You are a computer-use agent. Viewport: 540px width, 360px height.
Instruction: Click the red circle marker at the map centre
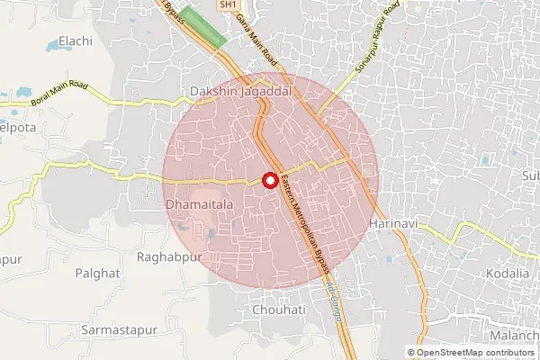tap(269, 181)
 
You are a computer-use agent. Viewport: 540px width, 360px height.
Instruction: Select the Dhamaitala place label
tap(200, 205)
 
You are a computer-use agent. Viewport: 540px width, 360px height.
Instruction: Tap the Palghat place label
tap(97, 272)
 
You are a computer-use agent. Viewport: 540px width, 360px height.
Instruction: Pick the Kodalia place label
tap(508, 273)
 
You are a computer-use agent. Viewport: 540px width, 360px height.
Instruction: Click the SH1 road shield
tap(225, 5)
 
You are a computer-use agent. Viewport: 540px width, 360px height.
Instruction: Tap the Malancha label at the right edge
tap(515, 336)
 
